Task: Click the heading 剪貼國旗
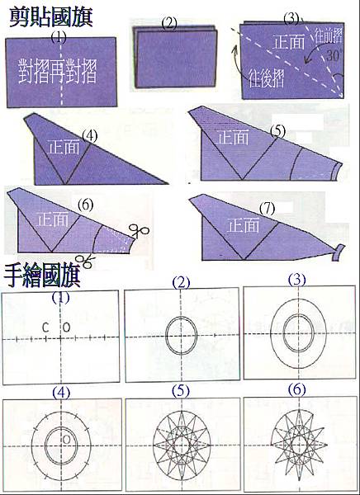(50, 16)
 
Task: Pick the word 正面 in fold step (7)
(244, 224)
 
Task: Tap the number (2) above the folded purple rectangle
(171, 22)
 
